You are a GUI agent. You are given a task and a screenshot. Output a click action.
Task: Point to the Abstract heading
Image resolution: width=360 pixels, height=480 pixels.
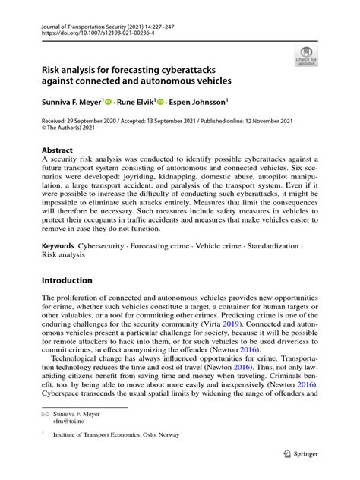[x=58, y=150]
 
